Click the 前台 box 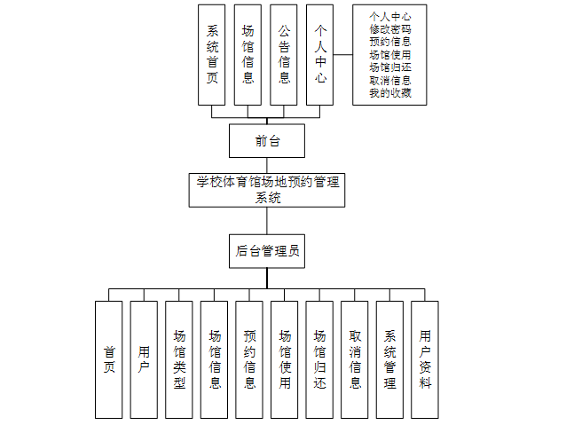(x=267, y=140)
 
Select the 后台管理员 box (x=267, y=251)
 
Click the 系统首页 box (x=213, y=55)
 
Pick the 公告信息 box (x=284, y=55)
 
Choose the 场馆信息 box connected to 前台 (x=248, y=55)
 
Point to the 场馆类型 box (x=179, y=359)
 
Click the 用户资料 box (x=425, y=359)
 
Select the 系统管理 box (x=389, y=359)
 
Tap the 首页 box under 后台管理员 (x=109, y=359)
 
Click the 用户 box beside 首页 (x=144, y=359)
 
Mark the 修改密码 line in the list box (x=389, y=29)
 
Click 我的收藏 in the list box (x=389, y=92)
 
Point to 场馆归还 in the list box (x=389, y=67)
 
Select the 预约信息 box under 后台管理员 (x=249, y=359)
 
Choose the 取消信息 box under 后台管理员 (x=355, y=359)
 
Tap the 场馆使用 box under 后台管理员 (x=284, y=359)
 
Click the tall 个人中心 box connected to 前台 (x=320, y=55)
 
